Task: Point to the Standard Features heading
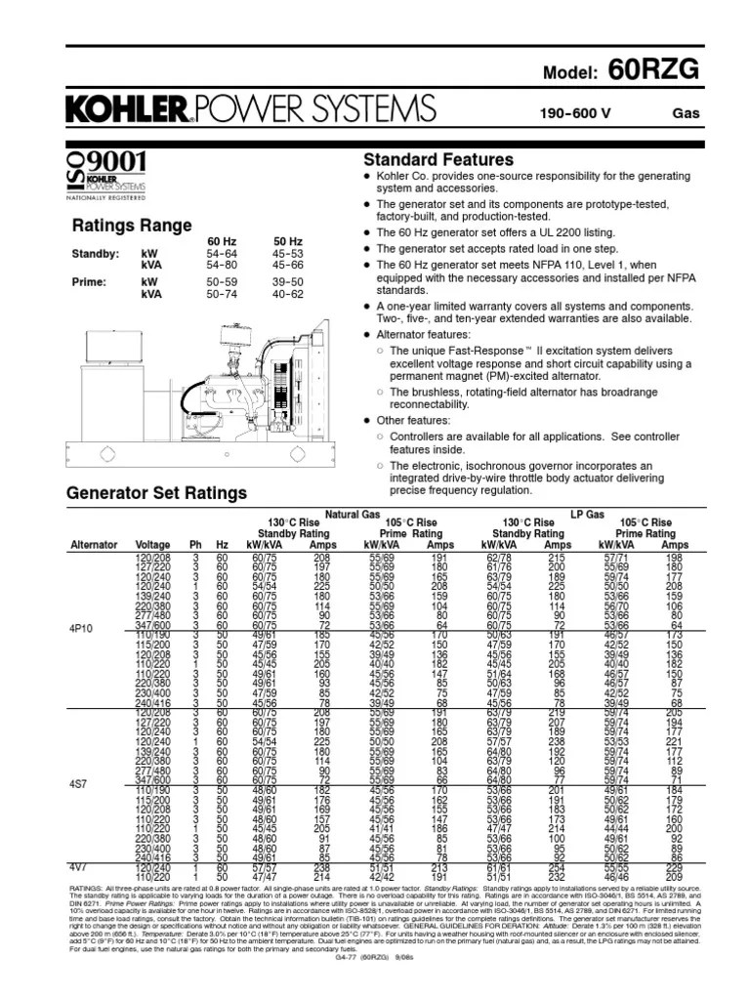coord(437,160)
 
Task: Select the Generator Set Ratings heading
coord(155,493)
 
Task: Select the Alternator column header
coord(94,545)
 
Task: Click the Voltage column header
coord(152,545)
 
